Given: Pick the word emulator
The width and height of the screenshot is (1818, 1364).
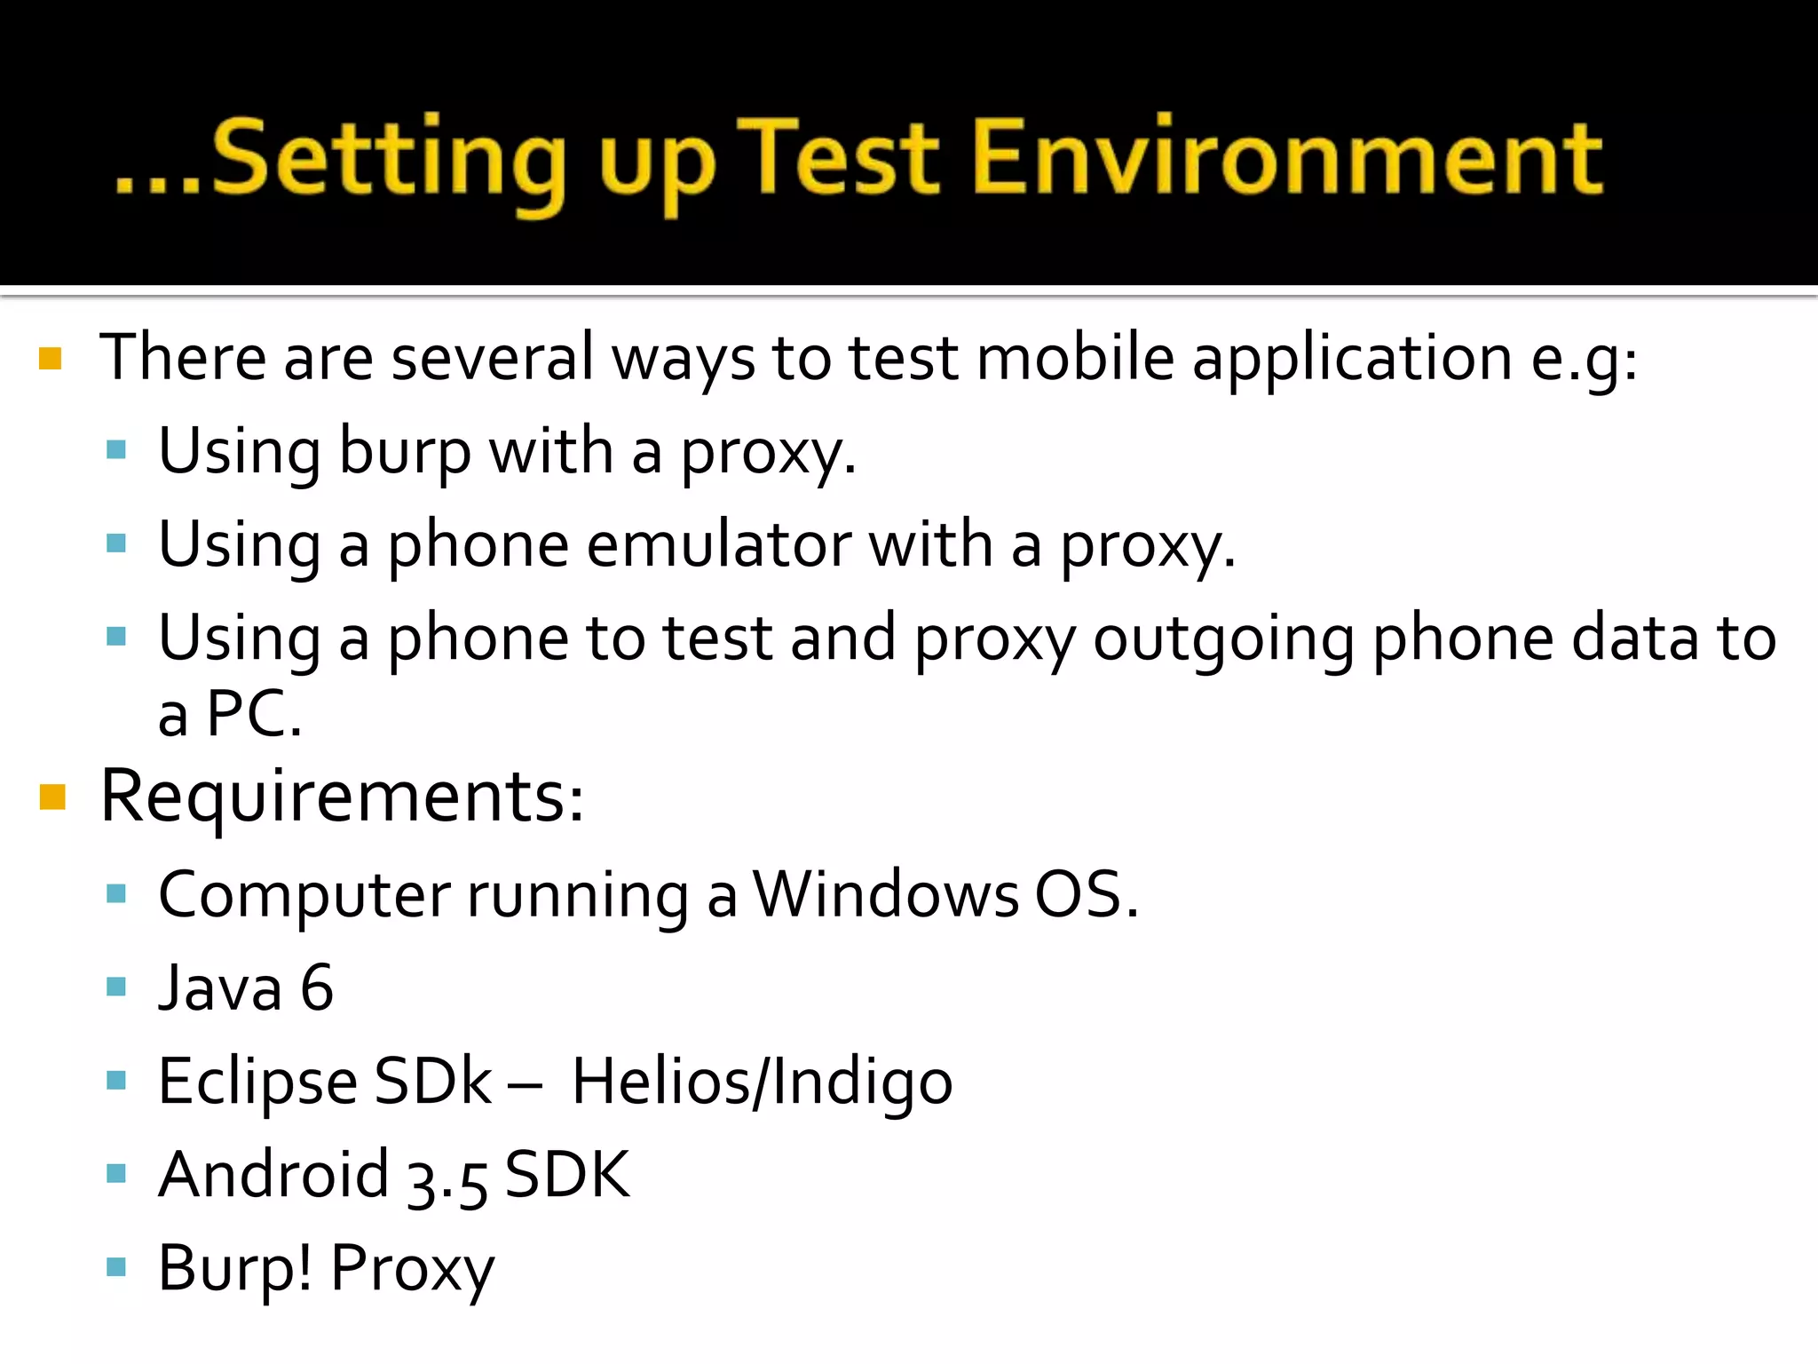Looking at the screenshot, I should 718,544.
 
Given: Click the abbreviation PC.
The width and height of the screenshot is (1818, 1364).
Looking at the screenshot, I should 248,713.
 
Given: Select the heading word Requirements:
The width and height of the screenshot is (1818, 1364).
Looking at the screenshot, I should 343,797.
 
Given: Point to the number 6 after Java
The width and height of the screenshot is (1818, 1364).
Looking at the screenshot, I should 317,987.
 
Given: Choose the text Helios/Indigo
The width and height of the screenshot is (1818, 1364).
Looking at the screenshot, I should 762,1082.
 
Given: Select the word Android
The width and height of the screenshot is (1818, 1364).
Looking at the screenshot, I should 273,1174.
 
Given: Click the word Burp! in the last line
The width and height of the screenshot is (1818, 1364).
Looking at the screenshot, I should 234,1267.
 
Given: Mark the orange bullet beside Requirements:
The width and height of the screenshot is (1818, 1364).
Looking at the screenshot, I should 53,797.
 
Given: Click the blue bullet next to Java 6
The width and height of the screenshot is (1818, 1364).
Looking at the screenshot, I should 116,987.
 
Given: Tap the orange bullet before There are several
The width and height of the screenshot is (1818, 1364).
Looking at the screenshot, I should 51,359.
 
